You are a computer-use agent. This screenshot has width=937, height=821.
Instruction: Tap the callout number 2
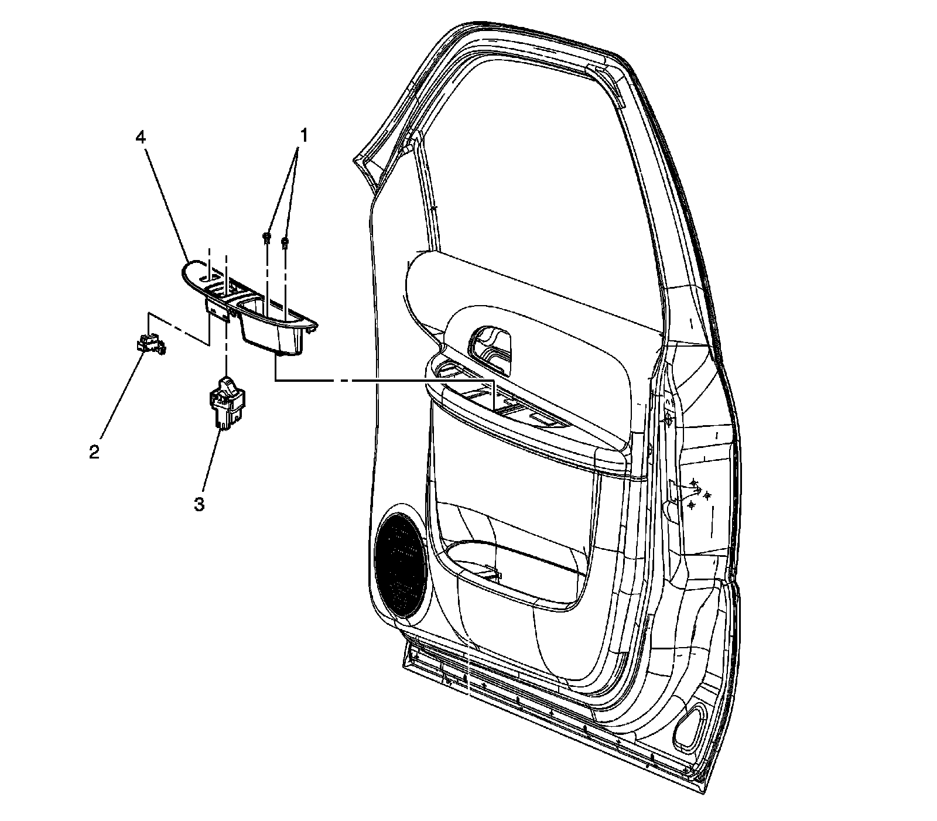click(94, 452)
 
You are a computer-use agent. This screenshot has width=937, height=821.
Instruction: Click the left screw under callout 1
click(266, 237)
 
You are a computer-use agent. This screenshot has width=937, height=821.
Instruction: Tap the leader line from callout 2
click(120, 398)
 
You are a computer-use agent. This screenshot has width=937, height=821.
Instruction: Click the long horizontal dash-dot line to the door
click(381, 381)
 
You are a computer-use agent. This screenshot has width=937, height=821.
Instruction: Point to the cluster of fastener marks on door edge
click(697, 492)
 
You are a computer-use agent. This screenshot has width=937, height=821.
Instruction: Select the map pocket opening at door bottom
click(515, 562)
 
